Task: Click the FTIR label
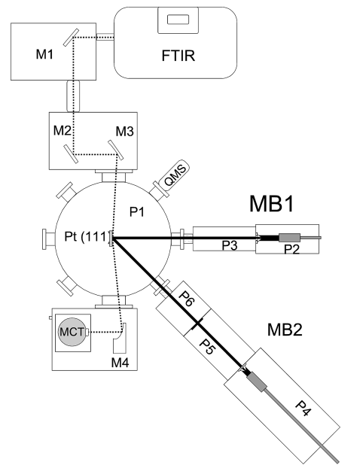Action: (178, 56)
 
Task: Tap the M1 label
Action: (44, 54)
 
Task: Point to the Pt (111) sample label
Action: (87, 236)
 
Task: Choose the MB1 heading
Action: (272, 204)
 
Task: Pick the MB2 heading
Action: (285, 330)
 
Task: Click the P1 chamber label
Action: (137, 212)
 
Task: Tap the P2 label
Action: (291, 248)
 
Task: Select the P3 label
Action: (230, 245)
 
